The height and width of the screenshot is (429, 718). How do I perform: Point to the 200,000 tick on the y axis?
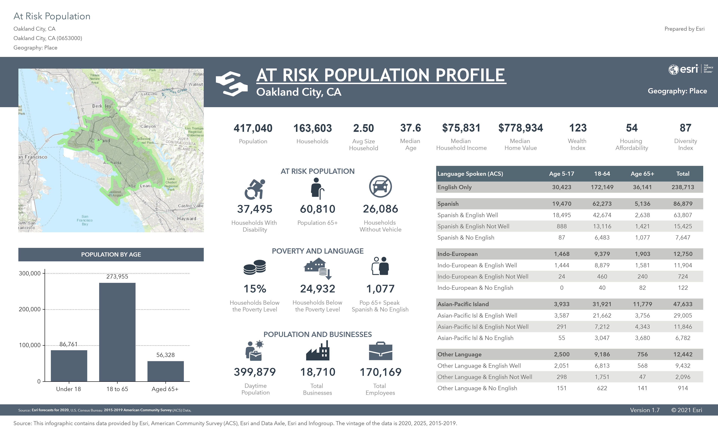coord(30,309)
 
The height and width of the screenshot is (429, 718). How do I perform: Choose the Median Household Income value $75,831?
coord(461,128)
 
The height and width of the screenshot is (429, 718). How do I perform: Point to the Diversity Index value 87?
coord(685,128)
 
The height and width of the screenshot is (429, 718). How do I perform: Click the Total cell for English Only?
coord(683,187)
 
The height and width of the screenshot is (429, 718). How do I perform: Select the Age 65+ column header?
coord(642,174)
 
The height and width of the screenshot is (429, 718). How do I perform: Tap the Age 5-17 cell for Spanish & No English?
coord(561,238)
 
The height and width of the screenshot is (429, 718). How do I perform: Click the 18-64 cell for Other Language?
coord(602,354)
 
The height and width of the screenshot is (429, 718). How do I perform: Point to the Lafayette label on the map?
coord(149,94)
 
